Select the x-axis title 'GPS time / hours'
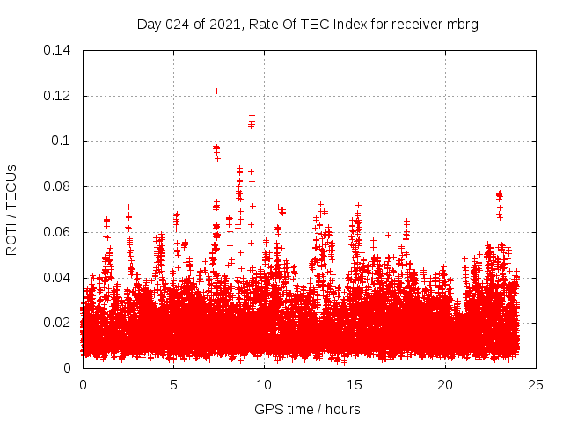(307, 409)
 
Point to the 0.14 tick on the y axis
(58, 50)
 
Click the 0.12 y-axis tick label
(58, 95)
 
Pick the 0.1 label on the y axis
(62, 141)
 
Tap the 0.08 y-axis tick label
(58, 186)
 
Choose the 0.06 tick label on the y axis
(58, 232)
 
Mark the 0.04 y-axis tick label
(58, 278)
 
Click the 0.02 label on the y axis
(58, 323)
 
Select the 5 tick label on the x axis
(173, 384)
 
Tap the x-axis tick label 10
(264, 384)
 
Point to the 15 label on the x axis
(355, 384)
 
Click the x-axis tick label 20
(445, 384)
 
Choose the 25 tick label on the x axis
(536, 384)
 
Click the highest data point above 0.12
(216, 91)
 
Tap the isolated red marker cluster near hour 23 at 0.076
(499, 194)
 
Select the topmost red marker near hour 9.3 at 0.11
(252, 115)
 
